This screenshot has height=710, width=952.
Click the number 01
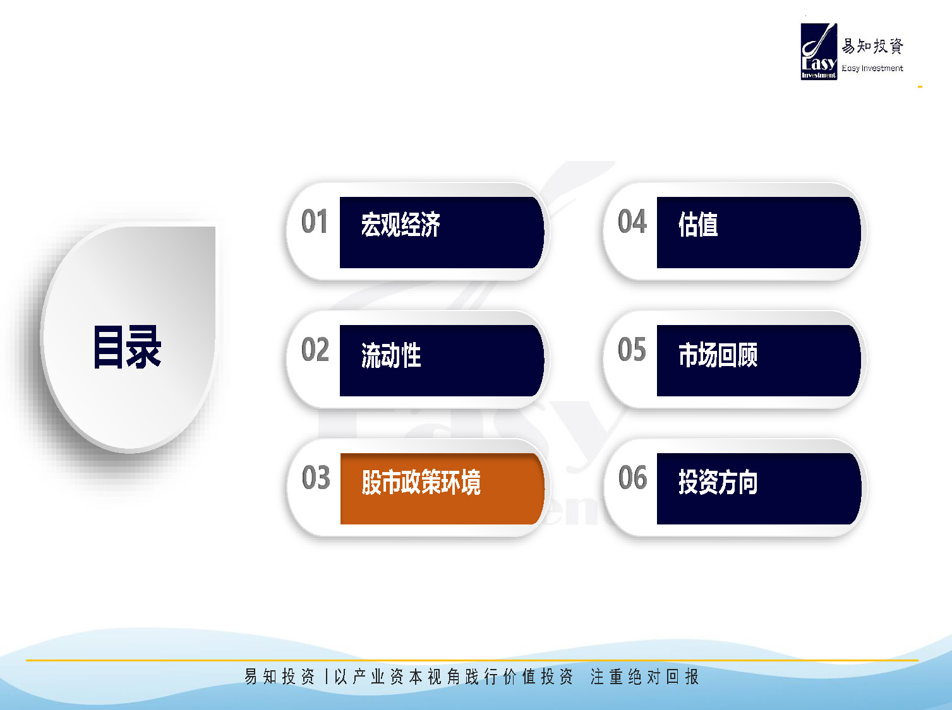314,222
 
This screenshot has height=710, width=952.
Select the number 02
315,349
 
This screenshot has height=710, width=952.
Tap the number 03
316,477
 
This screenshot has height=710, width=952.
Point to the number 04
632,222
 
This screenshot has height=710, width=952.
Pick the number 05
632,349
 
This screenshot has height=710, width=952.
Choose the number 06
633,477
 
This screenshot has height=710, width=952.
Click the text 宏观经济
401,225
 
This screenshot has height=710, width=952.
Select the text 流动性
391,355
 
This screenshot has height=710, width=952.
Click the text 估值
698,225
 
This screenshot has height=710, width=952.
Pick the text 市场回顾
718,355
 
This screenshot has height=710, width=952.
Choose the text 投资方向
718,482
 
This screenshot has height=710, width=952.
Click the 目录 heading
127,347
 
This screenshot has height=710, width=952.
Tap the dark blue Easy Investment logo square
819,52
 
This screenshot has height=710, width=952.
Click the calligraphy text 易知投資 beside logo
872,46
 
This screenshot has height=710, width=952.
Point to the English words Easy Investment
872,68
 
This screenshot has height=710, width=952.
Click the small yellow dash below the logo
920,87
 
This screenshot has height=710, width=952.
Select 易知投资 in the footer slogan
280,676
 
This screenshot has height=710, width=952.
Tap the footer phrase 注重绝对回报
644,677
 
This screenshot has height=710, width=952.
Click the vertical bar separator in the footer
326,677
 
